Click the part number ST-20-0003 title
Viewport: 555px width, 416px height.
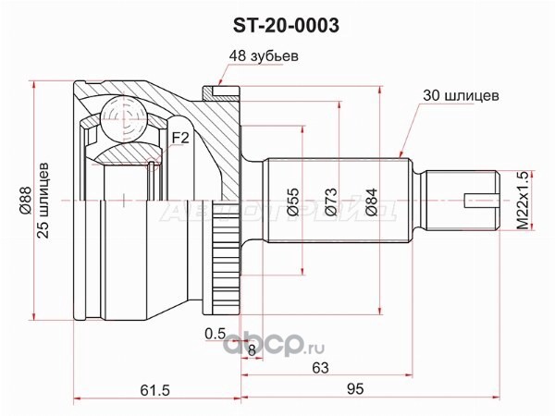tap(286, 26)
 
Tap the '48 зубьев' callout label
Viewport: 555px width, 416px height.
tap(264, 56)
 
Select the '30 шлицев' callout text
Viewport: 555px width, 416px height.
tap(461, 95)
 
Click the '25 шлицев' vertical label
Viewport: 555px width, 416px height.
tap(43, 201)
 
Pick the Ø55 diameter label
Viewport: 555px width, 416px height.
tap(293, 202)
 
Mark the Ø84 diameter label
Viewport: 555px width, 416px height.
tap(371, 202)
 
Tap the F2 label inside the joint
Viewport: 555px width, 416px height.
tap(180, 138)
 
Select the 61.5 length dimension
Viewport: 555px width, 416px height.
tap(155, 390)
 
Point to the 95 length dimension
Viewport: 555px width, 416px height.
tap(355, 389)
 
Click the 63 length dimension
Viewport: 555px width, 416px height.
tap(320, 368)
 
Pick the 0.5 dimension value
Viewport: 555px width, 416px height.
tap(216, 333)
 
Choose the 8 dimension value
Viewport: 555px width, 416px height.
tap(252, 350)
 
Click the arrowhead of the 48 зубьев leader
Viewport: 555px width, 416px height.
tap(220, 84)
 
